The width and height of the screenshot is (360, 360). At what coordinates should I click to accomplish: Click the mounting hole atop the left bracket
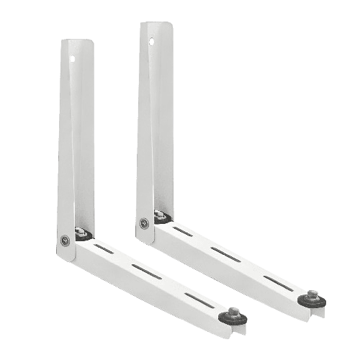[x=72, y=53]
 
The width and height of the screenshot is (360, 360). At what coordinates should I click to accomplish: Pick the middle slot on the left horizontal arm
[x=148, y=272]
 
